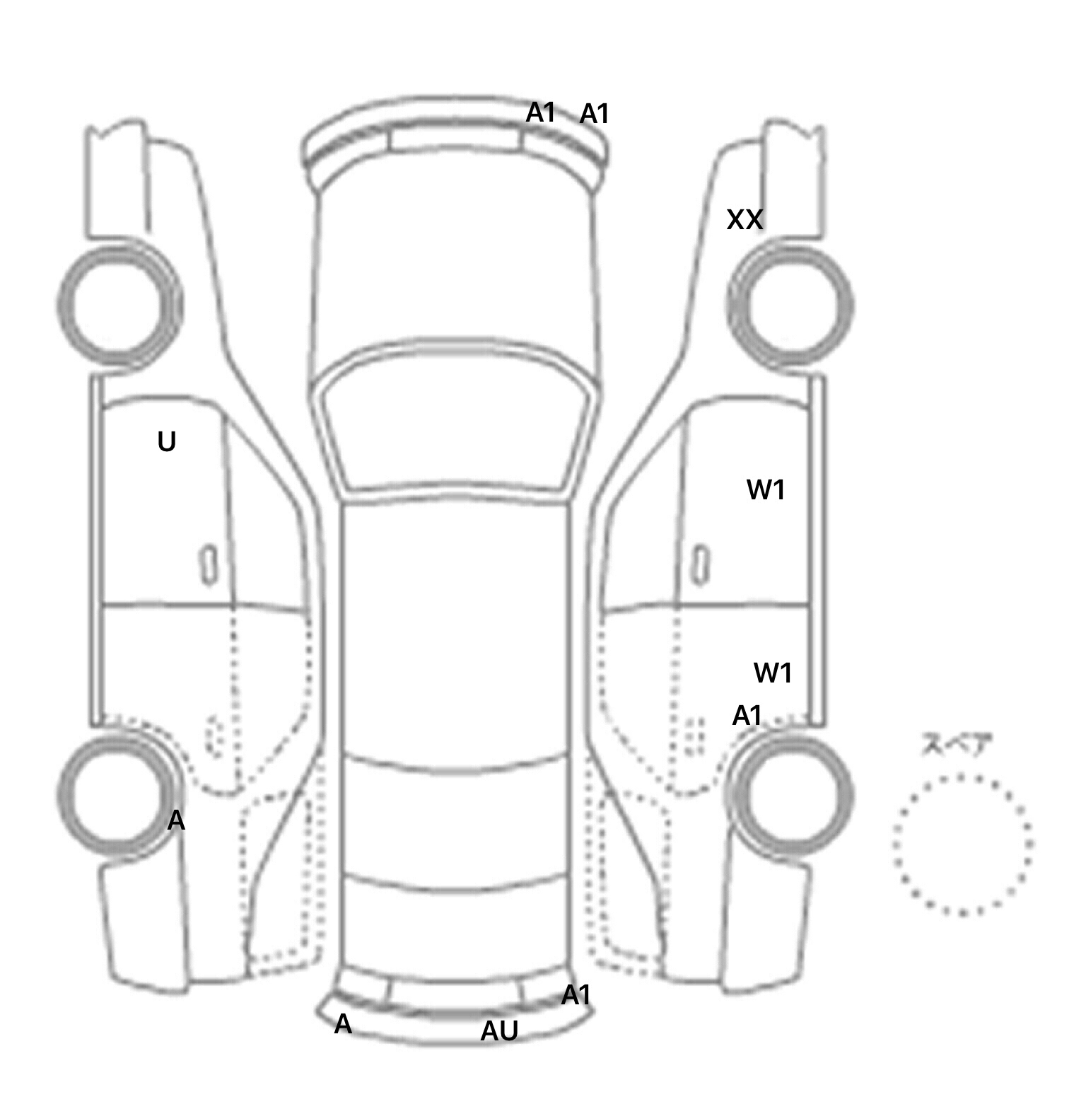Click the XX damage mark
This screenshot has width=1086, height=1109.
(745, 220)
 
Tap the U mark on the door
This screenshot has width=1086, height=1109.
(166, 442)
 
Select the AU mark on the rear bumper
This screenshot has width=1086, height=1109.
(499, 1031)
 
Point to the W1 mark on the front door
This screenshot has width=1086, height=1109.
(766, 489)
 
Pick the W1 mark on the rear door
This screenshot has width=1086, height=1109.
(773, 673)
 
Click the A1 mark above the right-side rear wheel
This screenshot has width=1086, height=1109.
(747, 716)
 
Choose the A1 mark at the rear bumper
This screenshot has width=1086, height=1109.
(576, 995)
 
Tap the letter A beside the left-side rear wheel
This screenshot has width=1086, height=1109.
(176, 820)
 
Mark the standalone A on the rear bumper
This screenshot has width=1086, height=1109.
(343, 1023)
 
